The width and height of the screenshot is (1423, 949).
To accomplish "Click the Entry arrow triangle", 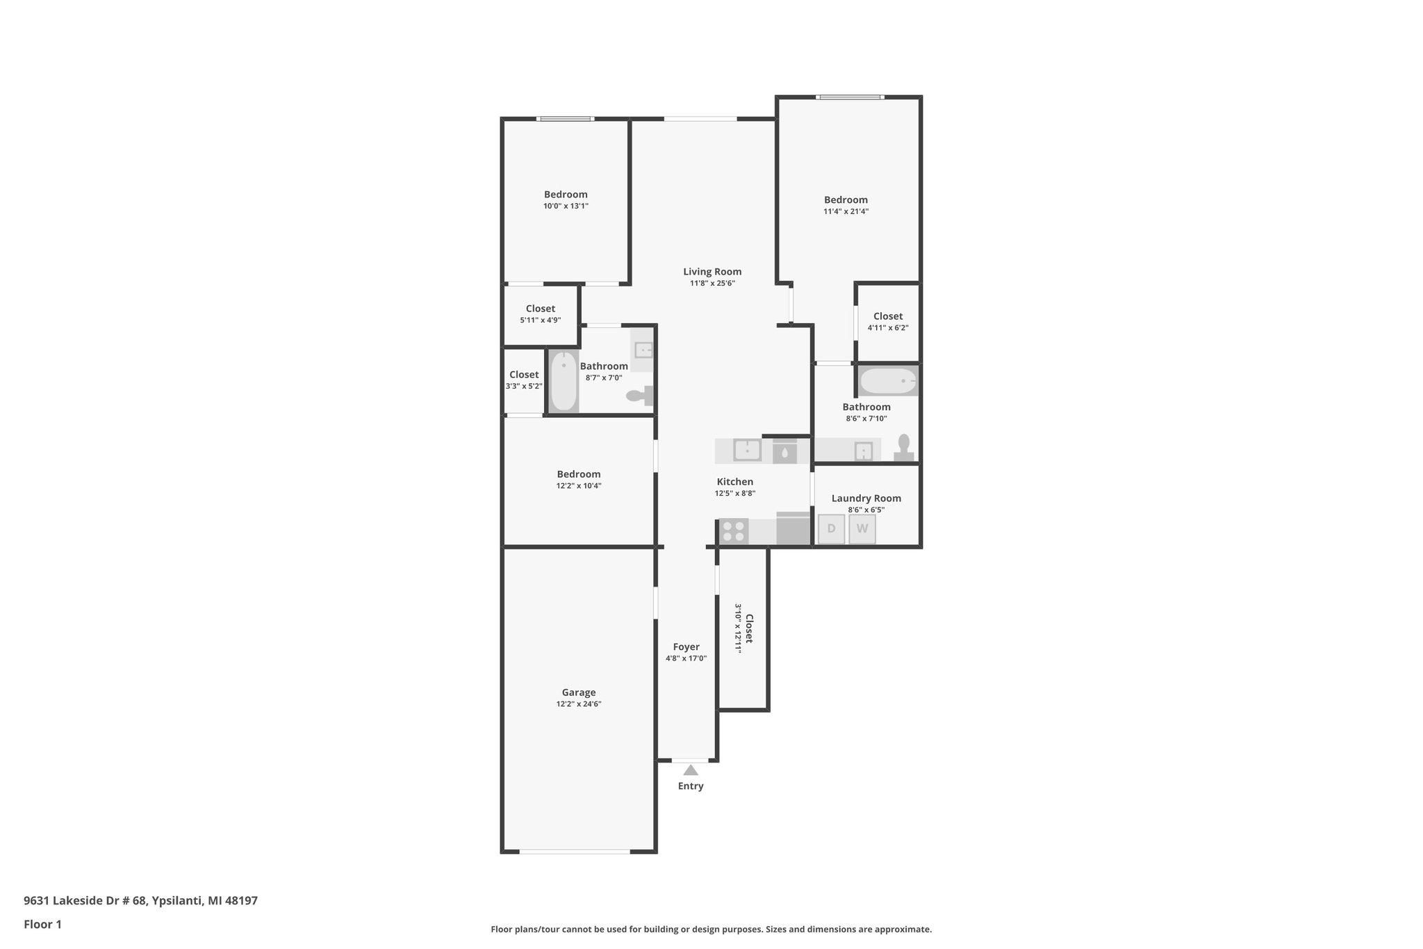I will tap(690, 770).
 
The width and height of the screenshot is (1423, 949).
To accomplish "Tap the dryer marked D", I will tap(831, 528).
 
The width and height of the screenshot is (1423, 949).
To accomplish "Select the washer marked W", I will tap(862, 528).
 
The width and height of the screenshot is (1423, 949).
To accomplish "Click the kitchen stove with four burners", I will tap(733, 531).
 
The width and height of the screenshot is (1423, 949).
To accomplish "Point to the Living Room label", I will tap(711, 272).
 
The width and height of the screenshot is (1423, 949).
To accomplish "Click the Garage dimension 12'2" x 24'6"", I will tap(578, 704).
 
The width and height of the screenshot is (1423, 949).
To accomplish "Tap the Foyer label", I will tap(686, 647).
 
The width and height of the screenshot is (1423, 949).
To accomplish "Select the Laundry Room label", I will tap(866, 498).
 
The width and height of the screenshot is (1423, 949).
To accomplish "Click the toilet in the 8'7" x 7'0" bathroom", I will tap(640, 396).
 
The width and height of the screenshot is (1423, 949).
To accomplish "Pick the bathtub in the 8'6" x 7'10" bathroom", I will tap(888, 381).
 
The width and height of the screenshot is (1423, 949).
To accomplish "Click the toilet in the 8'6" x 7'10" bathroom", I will tap(903, 448).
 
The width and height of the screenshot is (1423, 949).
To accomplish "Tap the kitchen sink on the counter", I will tap(747, 450).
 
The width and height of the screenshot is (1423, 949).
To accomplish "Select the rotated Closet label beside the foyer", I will tap(749, 628).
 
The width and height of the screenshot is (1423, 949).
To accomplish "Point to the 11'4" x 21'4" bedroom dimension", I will tap(846, 211).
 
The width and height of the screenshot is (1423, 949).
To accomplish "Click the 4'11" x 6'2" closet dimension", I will tap(887, 327).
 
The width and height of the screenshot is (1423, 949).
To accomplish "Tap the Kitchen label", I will tap(734, 482).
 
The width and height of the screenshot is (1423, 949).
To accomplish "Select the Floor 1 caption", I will tap(42, 924).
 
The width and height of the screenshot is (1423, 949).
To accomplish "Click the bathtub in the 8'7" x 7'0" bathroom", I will tap(564, 382).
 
